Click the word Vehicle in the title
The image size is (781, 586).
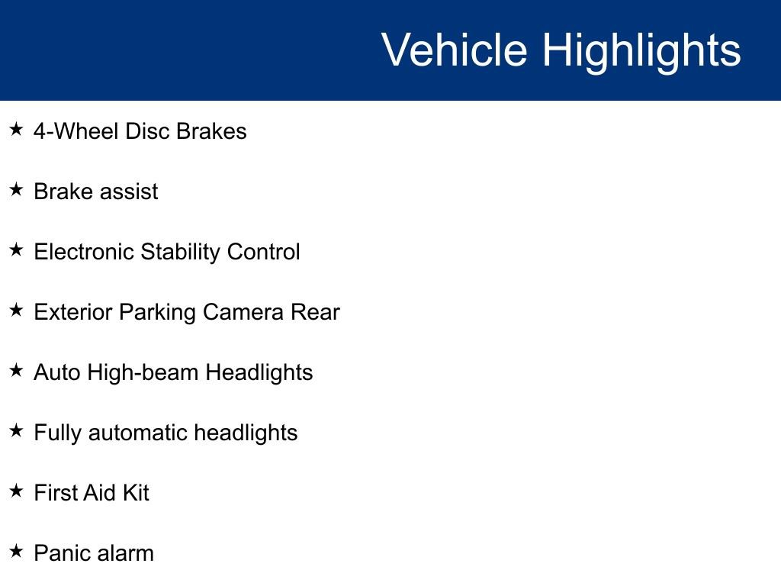454,50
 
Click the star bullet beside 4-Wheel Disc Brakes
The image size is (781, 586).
17,130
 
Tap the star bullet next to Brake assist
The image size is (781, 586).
17,190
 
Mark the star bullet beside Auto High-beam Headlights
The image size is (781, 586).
17,371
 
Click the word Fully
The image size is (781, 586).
58,433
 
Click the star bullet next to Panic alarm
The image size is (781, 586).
17,552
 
